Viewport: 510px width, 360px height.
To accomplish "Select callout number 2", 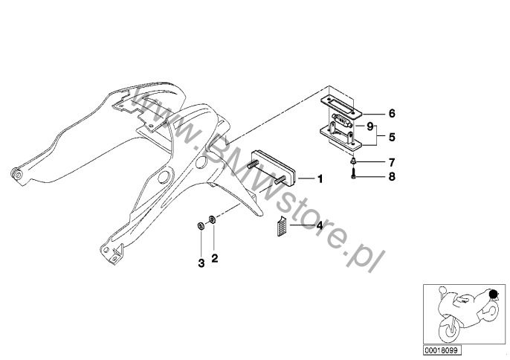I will point(214,258).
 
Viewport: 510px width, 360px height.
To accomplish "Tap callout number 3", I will point(200,263).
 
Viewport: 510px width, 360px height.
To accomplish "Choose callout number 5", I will point(391,137).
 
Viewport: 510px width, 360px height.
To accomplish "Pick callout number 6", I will point(391,114).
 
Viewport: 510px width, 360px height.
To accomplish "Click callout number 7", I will point(391,161).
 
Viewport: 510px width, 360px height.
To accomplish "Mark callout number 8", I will point(391,177).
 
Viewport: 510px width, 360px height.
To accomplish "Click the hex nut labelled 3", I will point(200,225).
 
